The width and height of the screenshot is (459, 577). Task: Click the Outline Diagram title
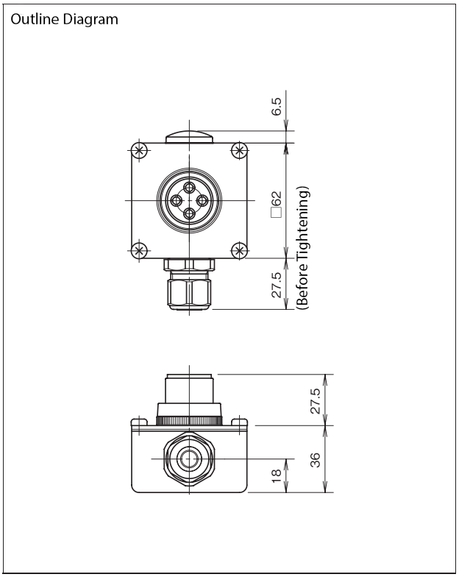[65, 19]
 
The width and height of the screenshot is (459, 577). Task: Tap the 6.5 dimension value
[277, 106]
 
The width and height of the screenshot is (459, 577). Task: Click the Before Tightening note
[303, 247]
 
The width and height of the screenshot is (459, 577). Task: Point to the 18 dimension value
[277, 475]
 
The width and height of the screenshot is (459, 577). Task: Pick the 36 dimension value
[315, 459]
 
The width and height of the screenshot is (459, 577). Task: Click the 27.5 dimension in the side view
[315, 401]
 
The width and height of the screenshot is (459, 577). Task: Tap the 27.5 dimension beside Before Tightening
[277, 284]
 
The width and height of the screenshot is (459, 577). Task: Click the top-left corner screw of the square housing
[139, 150]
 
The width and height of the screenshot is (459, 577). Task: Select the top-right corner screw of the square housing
[240, 150]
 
